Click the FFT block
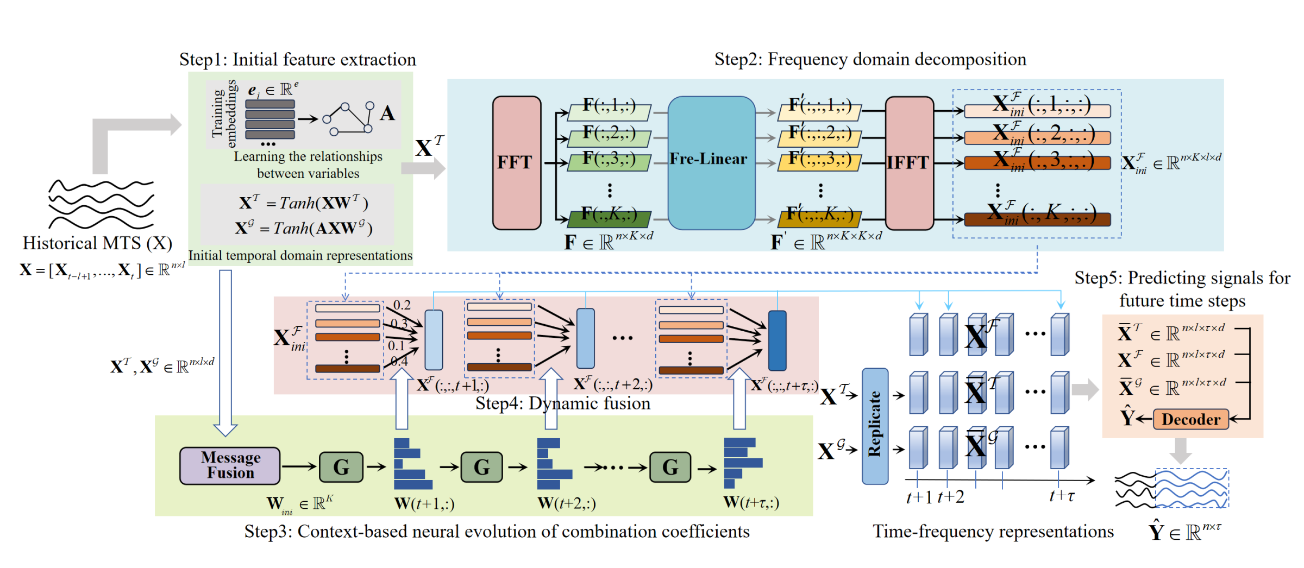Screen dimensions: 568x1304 pos(516,162)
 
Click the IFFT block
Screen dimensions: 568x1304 pos(909,162)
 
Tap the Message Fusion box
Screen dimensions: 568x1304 pos(230,465)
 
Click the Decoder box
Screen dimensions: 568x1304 pos(1190,419)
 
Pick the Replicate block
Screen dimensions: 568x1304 pos(875,426)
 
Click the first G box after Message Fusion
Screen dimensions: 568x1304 pos(341,466)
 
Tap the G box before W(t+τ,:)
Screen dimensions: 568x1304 pos(670,466)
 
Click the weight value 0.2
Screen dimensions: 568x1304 pos(402,305)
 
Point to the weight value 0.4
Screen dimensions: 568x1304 pos(399,361)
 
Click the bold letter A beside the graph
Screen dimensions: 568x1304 pos(387,113)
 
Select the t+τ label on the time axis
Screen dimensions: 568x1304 pos(1062,496)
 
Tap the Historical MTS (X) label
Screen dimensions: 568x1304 pos(97,243)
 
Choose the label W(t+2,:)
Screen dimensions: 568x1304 pos(567,503)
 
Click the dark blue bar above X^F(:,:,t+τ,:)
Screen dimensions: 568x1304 pos(777,340)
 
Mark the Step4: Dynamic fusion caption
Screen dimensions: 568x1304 pos(562,403)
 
